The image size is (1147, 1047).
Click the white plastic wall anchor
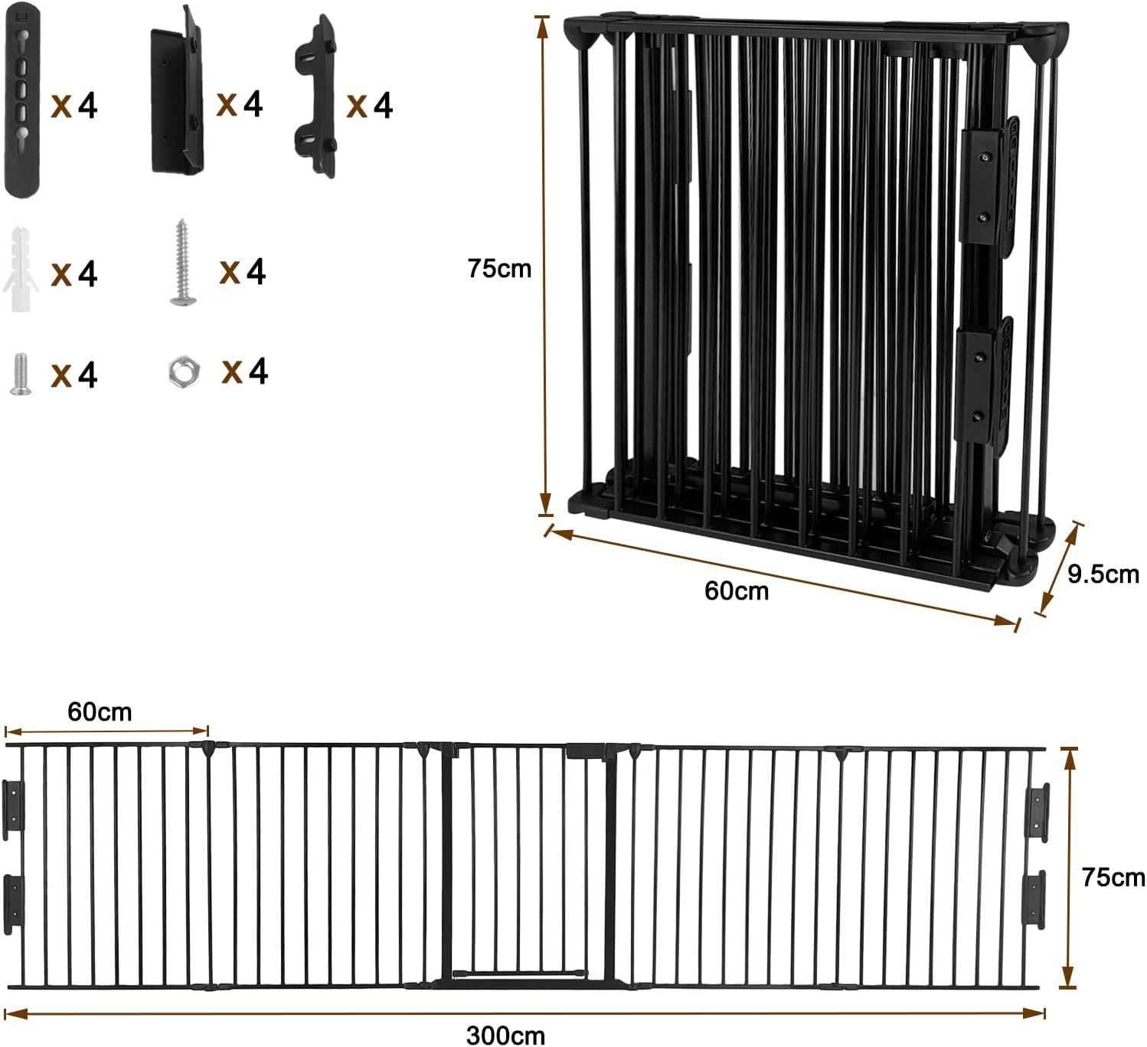tap(21, 269)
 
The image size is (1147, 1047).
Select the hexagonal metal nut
tap(184, 371)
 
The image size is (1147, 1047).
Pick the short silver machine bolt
tap(21, 375)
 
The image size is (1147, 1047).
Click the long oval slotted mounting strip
tap(22, 100)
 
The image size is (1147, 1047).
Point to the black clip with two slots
tap(315, 96)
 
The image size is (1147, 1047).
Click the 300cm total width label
tap(505, 1035)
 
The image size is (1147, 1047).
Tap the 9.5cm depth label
tap(1103, 574)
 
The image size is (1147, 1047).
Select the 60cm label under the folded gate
tap(737, 591)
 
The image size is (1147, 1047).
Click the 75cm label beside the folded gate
tap(499, 268)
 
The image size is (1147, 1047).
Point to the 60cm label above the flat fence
tap(100, 712)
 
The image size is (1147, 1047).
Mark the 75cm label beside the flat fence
tap(1113, 877)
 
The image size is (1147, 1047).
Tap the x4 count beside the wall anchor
tap(74, 273)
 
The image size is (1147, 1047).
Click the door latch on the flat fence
tap(586, 752)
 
